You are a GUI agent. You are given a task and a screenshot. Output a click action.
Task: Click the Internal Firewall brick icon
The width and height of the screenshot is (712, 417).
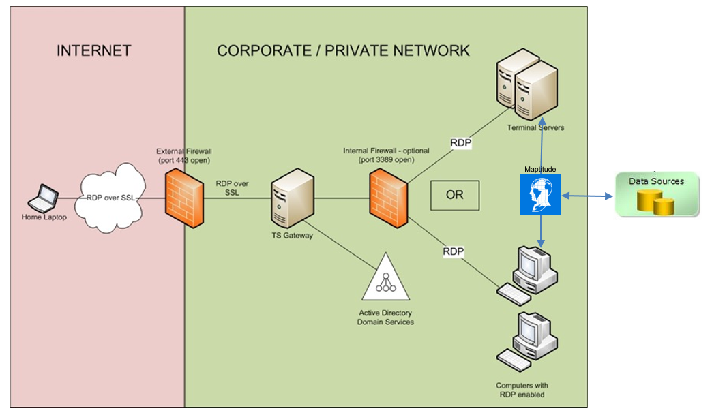389,198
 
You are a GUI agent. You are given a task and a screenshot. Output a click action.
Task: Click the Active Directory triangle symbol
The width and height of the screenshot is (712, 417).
386,278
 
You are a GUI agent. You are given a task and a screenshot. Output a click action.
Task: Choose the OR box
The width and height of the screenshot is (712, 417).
455,195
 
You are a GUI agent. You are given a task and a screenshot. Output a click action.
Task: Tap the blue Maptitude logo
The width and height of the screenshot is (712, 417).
540,195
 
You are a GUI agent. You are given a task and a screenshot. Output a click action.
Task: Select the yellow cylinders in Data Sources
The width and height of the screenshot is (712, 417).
655,202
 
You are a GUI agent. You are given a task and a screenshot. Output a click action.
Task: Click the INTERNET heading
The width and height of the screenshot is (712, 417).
93,50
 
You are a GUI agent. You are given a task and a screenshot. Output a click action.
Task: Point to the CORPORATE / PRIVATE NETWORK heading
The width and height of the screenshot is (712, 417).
343,50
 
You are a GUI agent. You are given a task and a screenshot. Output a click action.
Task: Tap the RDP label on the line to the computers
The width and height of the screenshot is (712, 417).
454,251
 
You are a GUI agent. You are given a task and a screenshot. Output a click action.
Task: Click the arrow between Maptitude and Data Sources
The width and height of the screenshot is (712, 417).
588,196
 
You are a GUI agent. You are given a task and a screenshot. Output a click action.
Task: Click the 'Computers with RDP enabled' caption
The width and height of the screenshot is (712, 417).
521,390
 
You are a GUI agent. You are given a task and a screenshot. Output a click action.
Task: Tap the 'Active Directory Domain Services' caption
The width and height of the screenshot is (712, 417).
385,318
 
